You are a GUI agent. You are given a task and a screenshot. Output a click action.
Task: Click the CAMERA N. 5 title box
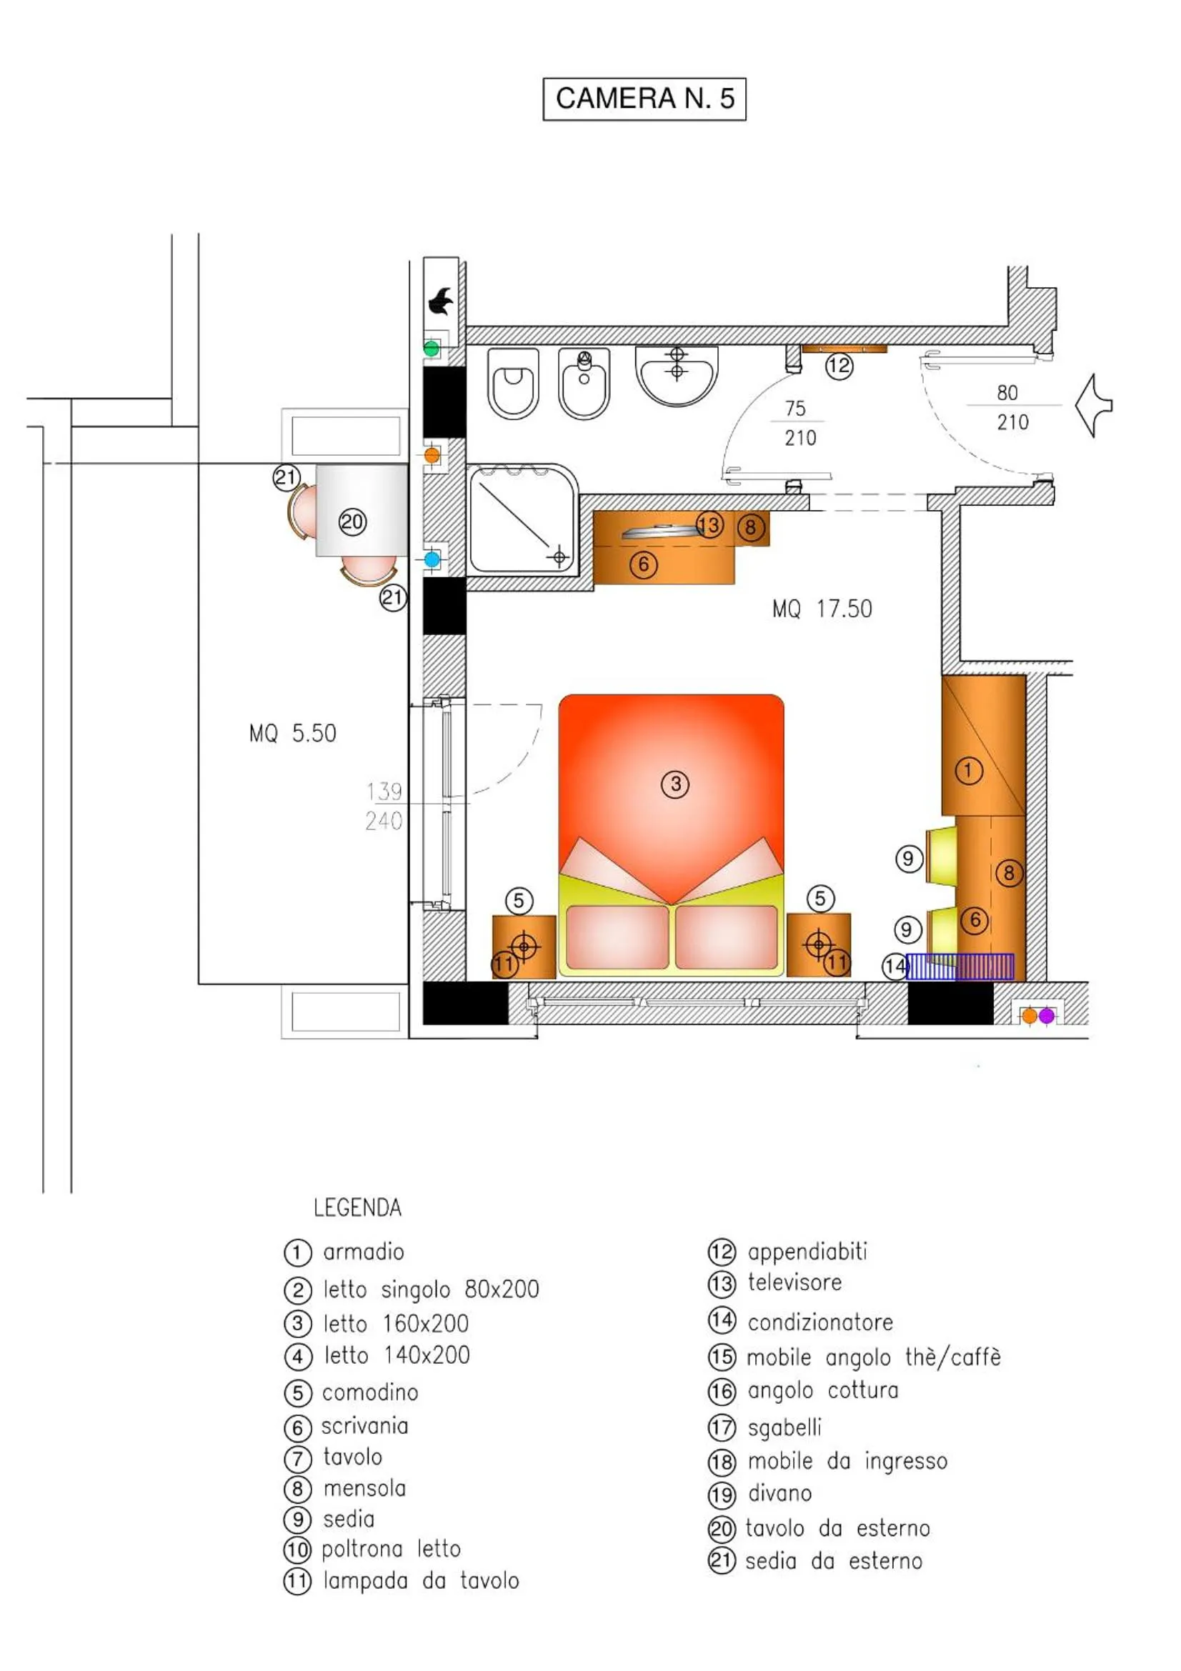[x=644, y=99]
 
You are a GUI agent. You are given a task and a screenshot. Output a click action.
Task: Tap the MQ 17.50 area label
[x=822, y=609]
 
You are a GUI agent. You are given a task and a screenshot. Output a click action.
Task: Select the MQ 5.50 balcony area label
[x=292, y=733]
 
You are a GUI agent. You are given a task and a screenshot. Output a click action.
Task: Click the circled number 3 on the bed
[x=675, y=784]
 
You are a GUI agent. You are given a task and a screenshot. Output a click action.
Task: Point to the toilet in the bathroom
[x=514, y=384]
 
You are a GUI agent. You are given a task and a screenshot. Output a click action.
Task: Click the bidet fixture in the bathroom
[x=584, y=384]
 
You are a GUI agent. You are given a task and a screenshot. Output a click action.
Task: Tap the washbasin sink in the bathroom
[x=677, y=374]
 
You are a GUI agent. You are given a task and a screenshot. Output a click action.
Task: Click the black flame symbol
[x=440, y=301]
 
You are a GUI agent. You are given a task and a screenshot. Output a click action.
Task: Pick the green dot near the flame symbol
[x=432, y=349]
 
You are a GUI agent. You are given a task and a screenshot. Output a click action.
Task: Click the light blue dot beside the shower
[x=432, y=559]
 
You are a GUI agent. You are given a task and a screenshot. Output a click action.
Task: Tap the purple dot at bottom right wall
[x=1047, y=1016]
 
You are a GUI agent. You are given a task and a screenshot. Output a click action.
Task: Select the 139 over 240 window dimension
[x=384, y=806]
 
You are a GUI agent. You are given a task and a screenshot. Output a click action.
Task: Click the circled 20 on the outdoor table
[x=352, y=522]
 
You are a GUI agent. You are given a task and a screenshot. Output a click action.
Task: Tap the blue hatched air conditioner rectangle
[x=960, y=967]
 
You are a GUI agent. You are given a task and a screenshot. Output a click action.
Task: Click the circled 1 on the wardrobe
[x=968, y=770]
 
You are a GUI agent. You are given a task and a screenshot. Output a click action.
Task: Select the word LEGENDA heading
[x=357, y=1208]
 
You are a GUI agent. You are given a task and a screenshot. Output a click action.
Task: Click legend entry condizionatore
[x=819, y=1322]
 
